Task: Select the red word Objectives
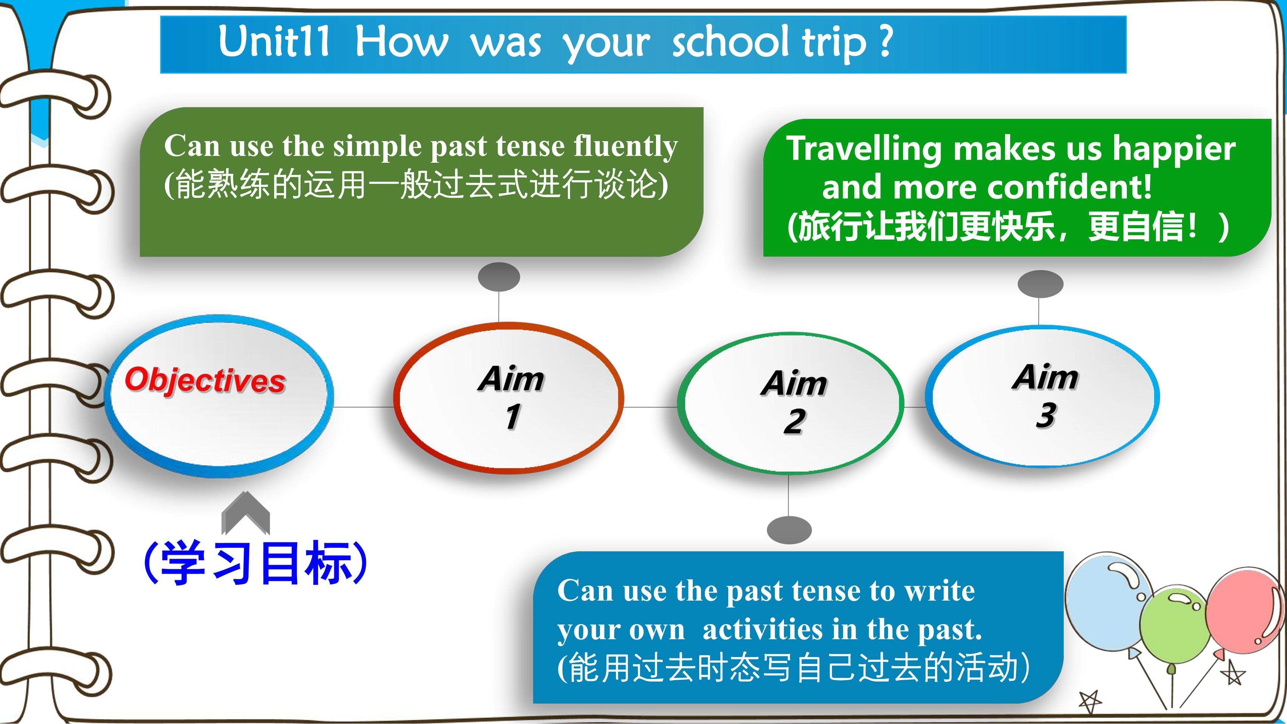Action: point(205,380)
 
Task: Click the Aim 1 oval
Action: point(509,398)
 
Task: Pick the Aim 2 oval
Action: point(790,403)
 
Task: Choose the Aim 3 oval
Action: point(1042,396)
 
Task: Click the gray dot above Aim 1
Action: point(499,277)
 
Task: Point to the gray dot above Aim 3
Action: point(1040,284)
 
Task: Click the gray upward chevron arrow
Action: point(245,513)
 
